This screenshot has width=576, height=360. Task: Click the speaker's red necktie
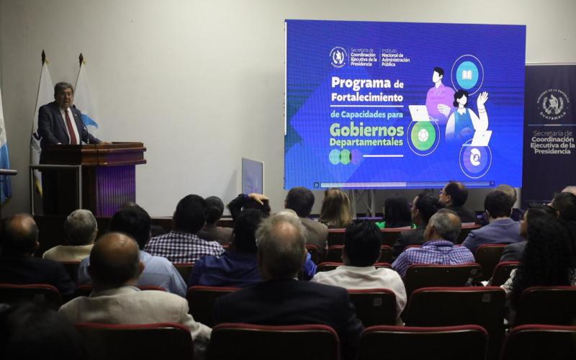pos(71,127)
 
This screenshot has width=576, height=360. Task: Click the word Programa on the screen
pos(360,83)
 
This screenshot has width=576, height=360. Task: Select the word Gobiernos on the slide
pos(367,130)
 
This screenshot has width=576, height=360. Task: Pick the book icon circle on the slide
pos(467,74)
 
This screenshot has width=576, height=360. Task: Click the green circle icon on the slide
pos(423,136)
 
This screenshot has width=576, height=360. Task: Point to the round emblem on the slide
pos(338,56)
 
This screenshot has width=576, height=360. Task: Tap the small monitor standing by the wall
pos(252,176)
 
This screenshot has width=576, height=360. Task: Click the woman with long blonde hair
pos(336,209)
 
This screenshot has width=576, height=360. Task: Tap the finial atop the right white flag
pos(81,58)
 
